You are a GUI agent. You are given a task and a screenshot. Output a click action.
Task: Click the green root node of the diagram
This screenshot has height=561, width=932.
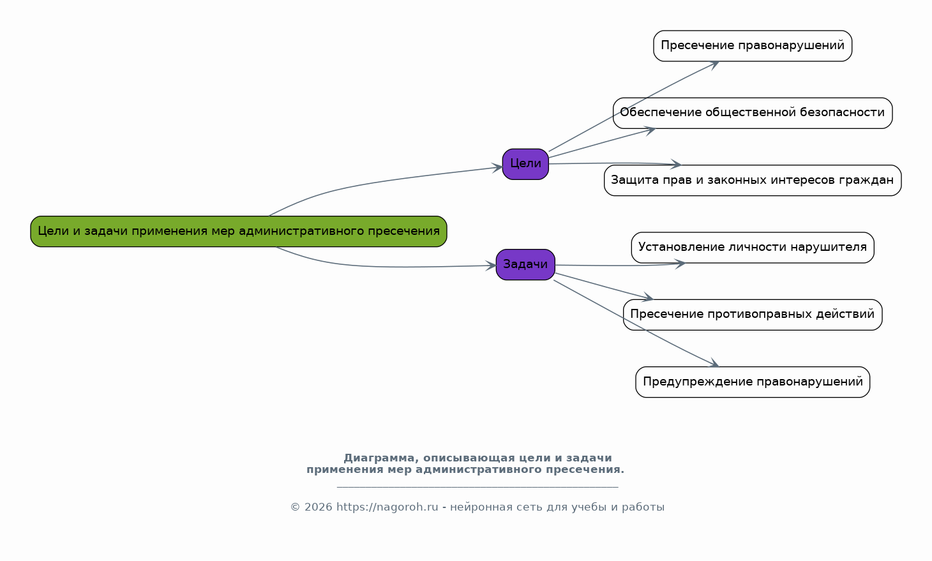point(238,231)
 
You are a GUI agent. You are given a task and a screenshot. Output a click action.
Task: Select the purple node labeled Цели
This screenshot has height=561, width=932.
point(525,164)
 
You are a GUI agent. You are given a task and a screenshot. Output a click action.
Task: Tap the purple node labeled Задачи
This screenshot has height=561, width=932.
point(525,264)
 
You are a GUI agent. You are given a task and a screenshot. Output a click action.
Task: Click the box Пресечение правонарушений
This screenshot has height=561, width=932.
point(752,46)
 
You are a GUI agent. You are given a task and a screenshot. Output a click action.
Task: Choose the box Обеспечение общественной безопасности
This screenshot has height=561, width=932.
point(752,113)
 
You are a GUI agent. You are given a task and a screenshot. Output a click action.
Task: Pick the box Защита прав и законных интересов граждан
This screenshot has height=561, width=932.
point(752,180)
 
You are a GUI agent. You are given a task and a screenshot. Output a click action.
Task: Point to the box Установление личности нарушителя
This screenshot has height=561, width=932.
point(752,248)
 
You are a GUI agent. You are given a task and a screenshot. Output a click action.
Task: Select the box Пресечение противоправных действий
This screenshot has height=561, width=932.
point(752,315)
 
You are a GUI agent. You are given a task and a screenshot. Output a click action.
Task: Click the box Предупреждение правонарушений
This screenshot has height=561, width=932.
point(752,382)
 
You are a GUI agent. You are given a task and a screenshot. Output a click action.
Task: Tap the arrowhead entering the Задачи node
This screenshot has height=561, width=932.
point(491,266)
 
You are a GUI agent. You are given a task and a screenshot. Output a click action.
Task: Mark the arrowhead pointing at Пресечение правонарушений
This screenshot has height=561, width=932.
point(714,64)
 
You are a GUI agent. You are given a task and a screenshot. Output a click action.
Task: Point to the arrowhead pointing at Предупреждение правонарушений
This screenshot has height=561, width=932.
point(714,364)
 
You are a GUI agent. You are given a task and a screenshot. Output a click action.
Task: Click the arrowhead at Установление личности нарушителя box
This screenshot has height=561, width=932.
point(680,263)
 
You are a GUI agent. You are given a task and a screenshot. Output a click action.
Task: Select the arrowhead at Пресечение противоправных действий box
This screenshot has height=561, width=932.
point(649,298)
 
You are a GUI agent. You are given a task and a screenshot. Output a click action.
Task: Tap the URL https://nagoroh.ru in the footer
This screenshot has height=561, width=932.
point(387,507)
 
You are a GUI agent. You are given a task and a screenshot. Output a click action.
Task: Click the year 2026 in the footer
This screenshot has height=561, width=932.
point(318,507)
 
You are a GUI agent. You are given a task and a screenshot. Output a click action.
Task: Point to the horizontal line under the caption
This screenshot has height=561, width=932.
point(477,487)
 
